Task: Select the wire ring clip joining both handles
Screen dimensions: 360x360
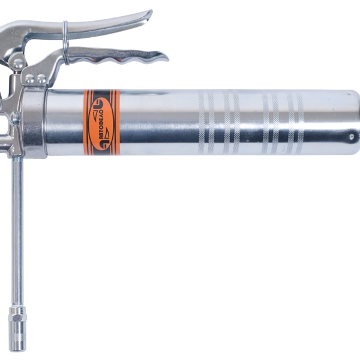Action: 66,43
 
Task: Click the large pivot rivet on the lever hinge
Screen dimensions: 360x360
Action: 18,64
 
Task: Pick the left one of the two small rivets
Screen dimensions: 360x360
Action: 30,79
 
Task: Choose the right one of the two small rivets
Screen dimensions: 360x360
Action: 41,79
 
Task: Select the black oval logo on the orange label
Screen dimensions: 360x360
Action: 102,122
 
